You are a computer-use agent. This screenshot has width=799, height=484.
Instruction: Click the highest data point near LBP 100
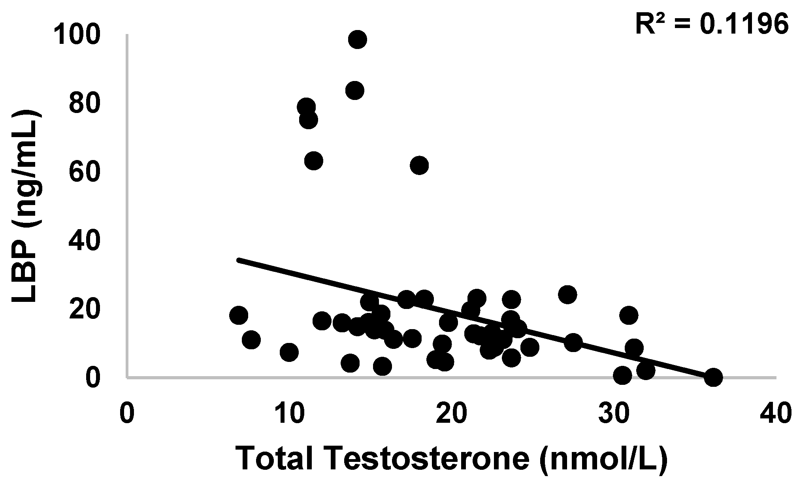[x=358, y=39]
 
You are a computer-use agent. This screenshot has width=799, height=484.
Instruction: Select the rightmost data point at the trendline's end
[x=713, y=377]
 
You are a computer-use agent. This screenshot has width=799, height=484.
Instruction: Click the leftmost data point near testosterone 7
[x=238, y=315]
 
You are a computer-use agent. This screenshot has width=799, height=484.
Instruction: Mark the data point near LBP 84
[x=354, y=90]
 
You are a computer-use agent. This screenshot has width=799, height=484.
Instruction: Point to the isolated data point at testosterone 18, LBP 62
[x=419, y=165]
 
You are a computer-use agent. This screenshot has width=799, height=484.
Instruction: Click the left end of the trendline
[x=238, y=260]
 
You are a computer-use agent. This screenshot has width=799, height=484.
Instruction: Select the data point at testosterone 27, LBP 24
[x=567, y=294]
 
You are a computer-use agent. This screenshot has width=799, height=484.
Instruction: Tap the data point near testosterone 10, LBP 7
[x=289, y=352]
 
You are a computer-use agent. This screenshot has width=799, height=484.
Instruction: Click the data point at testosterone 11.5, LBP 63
[x=314, y=160]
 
